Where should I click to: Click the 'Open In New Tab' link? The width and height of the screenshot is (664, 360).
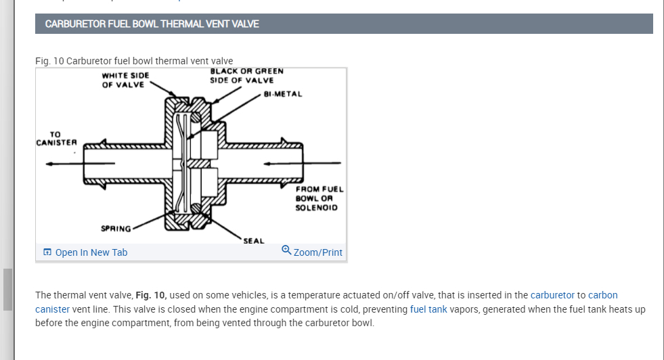[x=91, y=252]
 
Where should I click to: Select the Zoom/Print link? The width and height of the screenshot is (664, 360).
[x=317, y=252]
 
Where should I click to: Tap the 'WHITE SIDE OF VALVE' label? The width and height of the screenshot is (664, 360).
[x=125, y=79]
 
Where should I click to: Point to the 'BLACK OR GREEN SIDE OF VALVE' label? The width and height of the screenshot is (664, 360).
[x=246, y=75]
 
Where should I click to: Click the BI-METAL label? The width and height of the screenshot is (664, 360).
[x=282, y=94]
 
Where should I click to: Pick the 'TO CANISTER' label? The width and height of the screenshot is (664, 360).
[x=56, y=138]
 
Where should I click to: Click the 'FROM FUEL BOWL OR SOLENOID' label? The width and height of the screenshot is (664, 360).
[x=319, y=198]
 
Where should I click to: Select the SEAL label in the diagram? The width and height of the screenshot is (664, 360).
[x=254, y=240]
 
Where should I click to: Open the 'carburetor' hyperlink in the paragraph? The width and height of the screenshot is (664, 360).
[x=552, y=295]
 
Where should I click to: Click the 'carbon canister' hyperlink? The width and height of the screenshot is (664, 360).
[x=602, y=295]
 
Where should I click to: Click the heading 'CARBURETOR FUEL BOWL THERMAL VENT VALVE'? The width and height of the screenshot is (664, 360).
[x=152, y=24]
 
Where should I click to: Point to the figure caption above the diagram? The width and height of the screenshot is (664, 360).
[x=134, y=61]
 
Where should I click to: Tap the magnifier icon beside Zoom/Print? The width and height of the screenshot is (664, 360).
[x=286, y=251]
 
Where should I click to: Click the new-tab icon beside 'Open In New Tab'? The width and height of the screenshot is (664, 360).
[x=47, y=252]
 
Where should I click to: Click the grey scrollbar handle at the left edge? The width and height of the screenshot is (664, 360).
[x=7, y=289]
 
